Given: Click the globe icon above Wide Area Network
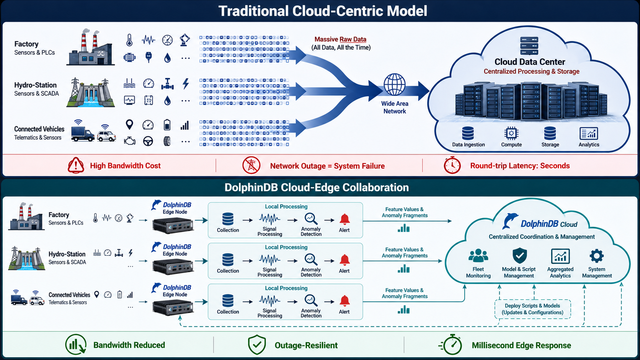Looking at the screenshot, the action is (x=394, y=85).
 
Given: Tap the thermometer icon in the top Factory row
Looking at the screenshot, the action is (x=129, y=40).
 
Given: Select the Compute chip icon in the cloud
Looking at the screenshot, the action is (x=511, y=133).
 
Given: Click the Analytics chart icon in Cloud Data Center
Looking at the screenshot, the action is (x=589, y=133).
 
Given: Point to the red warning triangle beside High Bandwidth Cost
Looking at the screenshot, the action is (x=76, y=165).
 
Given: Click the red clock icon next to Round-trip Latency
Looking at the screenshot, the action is (x=452, y=165).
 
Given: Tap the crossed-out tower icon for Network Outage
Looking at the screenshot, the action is (x=251, y=165).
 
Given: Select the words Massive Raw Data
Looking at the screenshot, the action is (x=340, y=39).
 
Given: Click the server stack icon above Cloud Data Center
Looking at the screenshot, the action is (x=529, y=46).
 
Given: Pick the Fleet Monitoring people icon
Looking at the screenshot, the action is (x=478, y=256).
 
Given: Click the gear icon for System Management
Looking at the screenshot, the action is (x=597, y=256).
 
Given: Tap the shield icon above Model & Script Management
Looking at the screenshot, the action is (x=519, y=256).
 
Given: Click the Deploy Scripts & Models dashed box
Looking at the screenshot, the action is (x=532, y=309).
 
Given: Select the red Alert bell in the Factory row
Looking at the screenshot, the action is (x=344, y=219).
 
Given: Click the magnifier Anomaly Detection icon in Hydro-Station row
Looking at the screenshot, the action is (x=310, y=260).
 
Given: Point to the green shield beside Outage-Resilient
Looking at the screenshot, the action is (x=257, y=345).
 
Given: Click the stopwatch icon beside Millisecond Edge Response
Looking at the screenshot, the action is (x=451, y=345).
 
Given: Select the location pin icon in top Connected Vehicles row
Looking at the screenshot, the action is (x=129, y=125).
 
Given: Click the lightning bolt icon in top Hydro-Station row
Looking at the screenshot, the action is (x=186, y=84).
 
